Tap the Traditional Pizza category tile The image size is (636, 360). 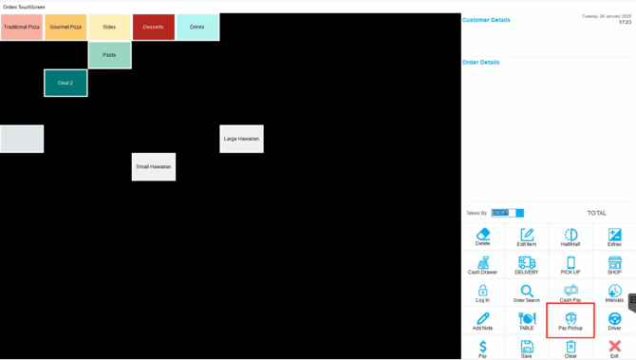22,27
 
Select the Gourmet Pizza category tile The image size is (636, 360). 65,27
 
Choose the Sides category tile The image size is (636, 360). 109,27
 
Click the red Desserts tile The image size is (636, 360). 154,27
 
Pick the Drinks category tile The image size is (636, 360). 197,27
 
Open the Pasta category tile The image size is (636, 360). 109,55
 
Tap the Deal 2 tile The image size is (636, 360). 65,83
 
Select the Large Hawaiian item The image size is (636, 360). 241,139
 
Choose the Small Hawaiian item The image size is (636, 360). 154,166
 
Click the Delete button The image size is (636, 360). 482,237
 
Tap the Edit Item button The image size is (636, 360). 527,237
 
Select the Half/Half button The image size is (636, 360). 571,237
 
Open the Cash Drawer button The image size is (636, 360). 482,265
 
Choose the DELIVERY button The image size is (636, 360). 527,265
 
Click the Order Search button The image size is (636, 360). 527,293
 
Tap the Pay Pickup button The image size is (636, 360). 571,321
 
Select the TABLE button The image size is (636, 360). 527,321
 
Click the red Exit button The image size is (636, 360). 614,349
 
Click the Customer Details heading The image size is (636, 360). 486,20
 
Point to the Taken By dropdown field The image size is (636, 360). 507,213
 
